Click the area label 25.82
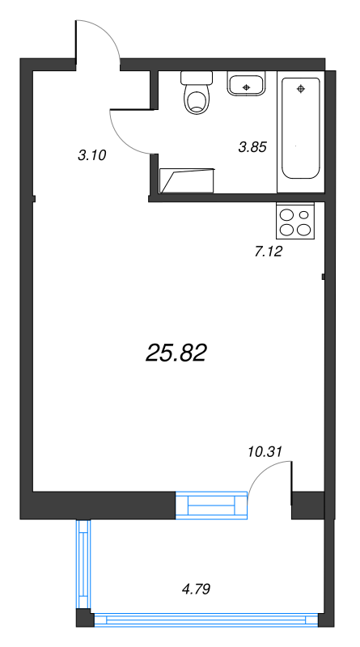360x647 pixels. [176, 353]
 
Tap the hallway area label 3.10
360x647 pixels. [92, 155]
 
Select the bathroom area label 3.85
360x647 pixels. [252, 146]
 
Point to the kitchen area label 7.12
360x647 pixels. [269, 252]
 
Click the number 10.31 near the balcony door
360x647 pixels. [265, 452]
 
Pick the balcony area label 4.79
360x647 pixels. [196, 589]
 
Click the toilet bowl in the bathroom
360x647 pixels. [197, 99]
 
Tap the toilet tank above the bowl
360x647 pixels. [197, 78]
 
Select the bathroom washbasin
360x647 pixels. [246, 83]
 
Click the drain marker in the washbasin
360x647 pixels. [247, 87]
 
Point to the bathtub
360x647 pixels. [301, 129]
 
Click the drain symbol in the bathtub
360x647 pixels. [301, 88]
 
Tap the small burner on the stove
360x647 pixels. [304, 214]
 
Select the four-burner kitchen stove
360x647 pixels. [295, 221]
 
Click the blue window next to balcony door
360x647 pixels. [211, 505]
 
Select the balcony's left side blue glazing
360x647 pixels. [83, 564]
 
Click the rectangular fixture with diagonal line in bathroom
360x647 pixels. [188, 180]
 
